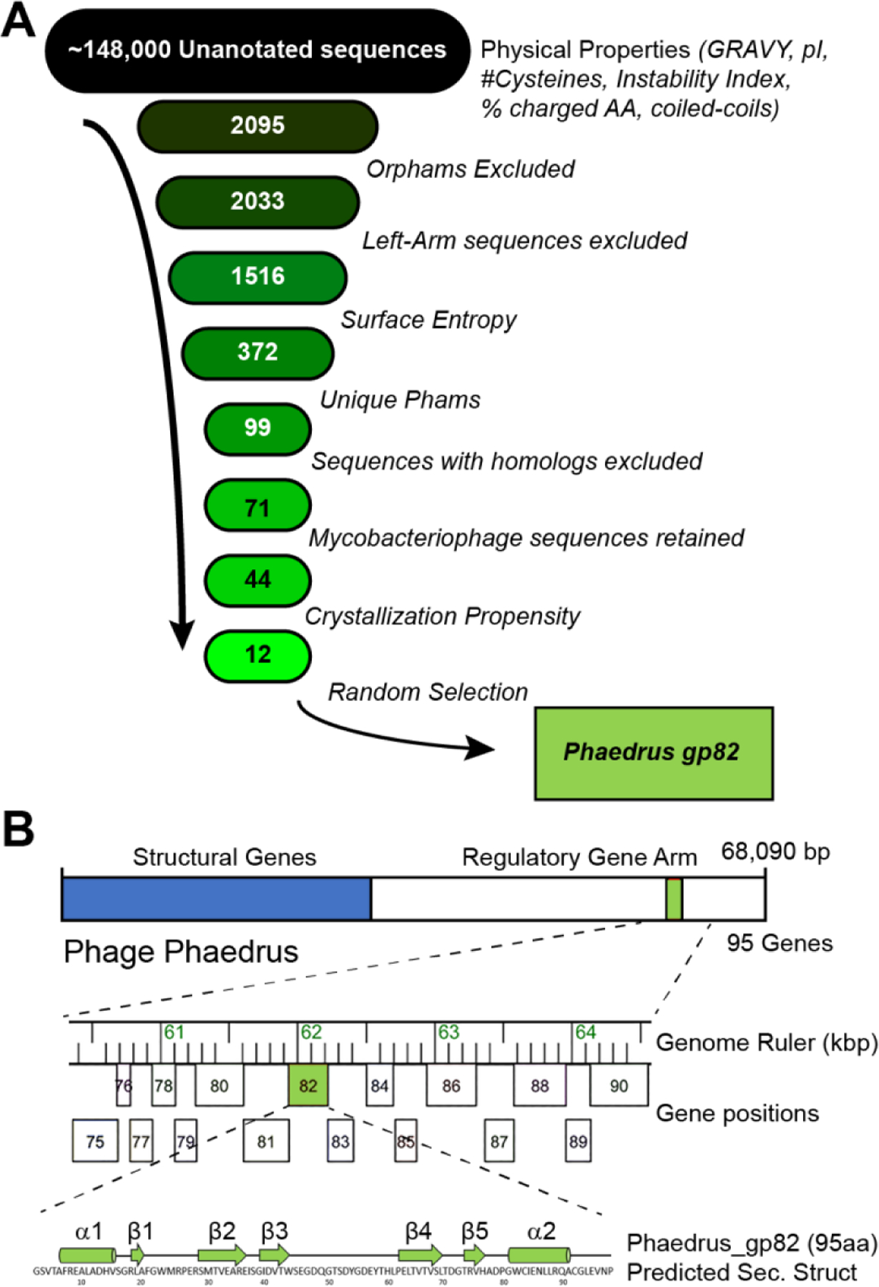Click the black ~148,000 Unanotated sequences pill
point(257,50)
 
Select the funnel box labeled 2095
point(257,126)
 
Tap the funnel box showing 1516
point(257,277)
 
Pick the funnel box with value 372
point(257,352)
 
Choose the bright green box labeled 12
point(257,655)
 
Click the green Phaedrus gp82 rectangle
point(653,753)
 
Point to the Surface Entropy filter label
point(428,320)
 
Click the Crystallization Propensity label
point(442,616)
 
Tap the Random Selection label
point(428,692)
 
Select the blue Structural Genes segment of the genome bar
point(216,899)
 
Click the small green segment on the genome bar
point(674,899)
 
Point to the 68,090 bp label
point(775,852)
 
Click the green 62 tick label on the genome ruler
point(311,1032)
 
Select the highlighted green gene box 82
point(308,1085)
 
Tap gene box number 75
point(95,1141)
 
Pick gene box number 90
point(619,1085)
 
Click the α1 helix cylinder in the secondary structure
point(87,1255)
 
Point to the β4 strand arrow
point(421,1254)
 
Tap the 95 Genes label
point(780,943)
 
